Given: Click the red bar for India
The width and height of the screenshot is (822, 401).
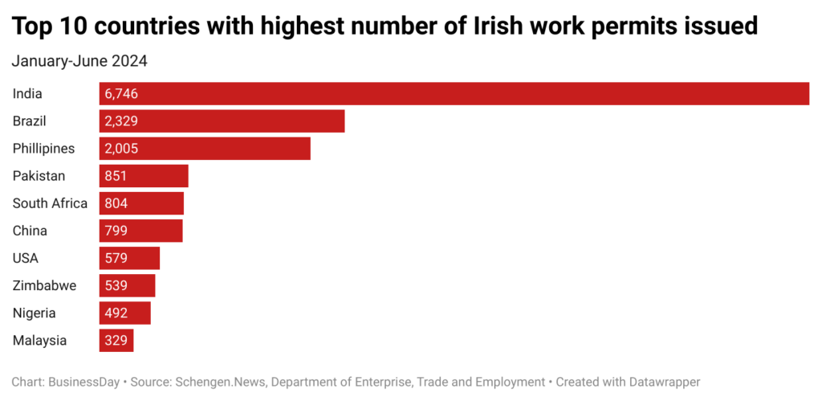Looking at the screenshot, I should [454, 93].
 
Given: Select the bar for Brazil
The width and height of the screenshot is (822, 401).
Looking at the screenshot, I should [222, 121].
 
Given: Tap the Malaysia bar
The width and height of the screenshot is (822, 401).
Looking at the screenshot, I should [116, 340].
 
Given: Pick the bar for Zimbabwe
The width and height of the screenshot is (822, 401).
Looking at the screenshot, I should [127, 285].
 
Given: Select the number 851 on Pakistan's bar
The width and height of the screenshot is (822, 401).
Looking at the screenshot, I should [116, 176].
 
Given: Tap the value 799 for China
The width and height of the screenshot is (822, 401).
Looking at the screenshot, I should [116, 231].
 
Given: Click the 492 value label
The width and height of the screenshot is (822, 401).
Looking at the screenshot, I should [116, 313].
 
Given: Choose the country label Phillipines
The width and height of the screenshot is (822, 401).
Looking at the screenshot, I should [43, 148].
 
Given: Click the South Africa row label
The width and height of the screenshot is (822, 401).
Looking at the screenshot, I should [50, 203].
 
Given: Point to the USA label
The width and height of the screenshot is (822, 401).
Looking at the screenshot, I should [26, 258].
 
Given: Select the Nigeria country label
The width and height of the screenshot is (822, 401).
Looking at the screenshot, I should [35, 313].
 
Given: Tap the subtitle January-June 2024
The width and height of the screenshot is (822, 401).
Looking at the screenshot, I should [79, 60].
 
